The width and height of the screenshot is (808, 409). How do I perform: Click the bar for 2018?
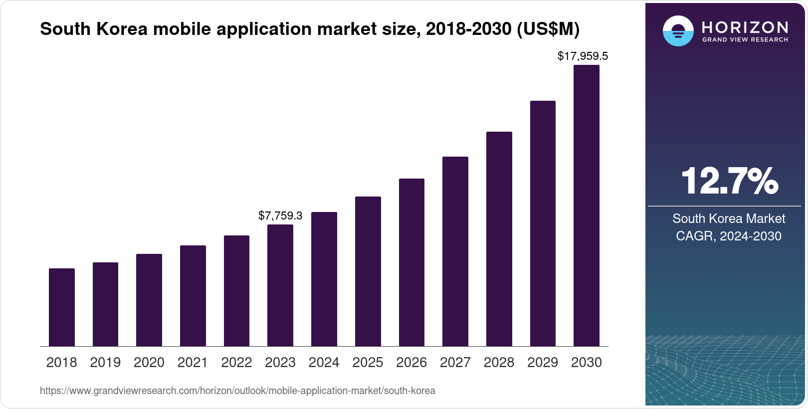(62, 307)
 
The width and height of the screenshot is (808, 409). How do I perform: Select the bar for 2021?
(193, 296)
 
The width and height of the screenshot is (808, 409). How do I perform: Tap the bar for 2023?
(280, 285)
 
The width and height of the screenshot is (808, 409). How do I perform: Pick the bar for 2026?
(411, 262)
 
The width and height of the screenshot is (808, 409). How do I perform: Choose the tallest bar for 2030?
(587, 205)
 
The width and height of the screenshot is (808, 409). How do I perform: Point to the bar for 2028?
(499, 239)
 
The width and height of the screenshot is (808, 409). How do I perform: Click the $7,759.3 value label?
(280, 215)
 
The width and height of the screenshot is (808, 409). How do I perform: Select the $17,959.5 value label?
(583, 56)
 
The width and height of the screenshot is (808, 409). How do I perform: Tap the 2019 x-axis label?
(105, 363)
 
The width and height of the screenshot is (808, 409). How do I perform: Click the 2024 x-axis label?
(324, 363)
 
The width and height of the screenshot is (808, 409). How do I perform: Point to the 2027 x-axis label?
(455, 363)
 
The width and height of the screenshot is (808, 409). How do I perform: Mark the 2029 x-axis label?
(543, 363)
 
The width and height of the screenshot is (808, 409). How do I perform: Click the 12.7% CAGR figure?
(729, 181)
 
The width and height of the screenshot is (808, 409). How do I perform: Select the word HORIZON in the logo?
(745, 27)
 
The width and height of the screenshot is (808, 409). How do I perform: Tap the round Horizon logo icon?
(678, 31)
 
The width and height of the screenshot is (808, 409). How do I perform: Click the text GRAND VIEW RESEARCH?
(745, 39)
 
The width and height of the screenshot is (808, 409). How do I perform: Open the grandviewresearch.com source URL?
(237, 391)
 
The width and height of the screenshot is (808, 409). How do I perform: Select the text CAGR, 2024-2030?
(729, 236)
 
